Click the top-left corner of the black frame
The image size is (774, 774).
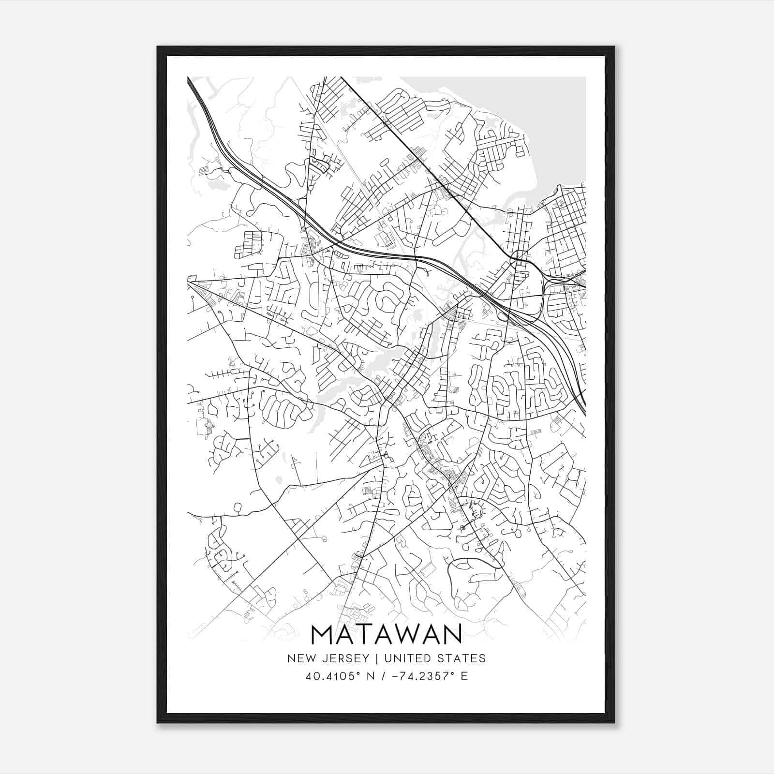[158, 47]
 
